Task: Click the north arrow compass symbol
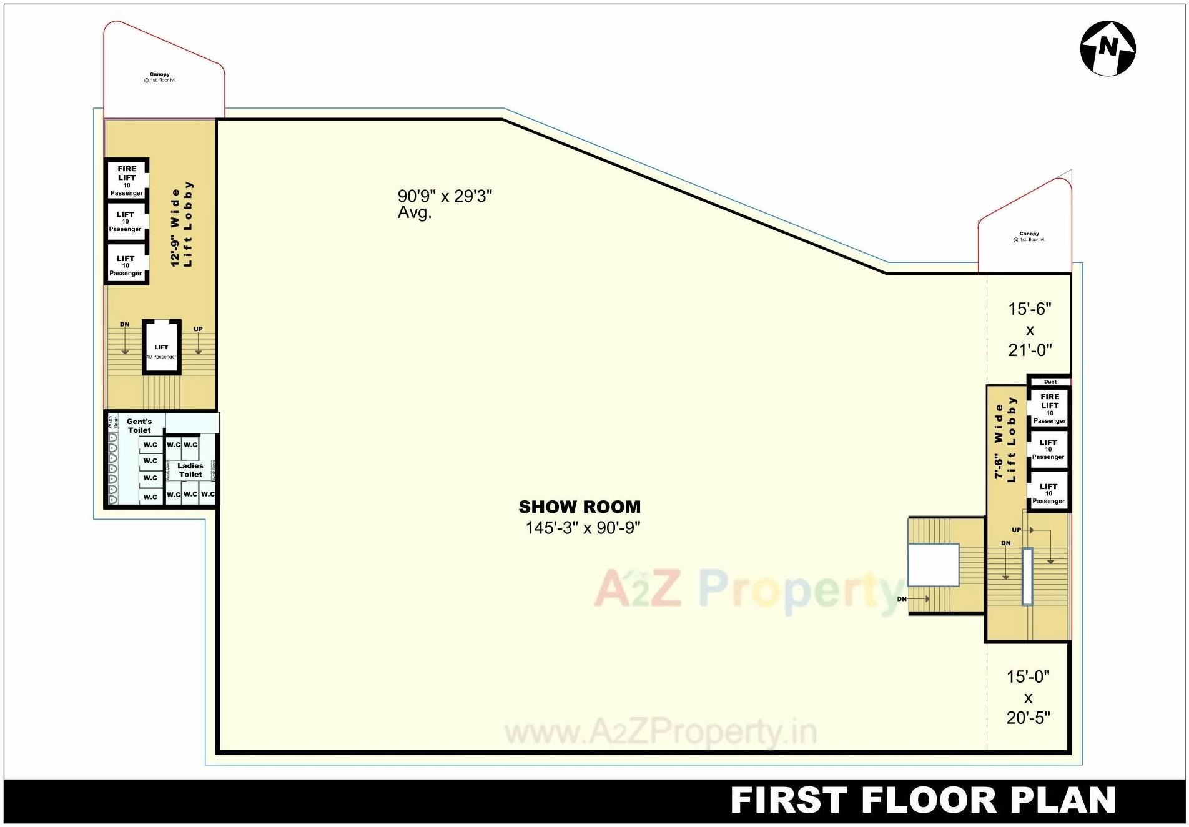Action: pyautogui.click(x=1108, y=49)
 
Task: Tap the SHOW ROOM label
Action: pyautogui.click(x=580, y=507)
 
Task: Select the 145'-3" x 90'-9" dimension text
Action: pyautogui.click(x=583, y=528)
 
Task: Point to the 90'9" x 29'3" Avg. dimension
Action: pyautogui.click(x=444, y=203)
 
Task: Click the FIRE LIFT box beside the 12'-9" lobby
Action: pyautogui.click(x=127, y=180)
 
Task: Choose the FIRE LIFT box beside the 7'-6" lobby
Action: pyautogui.click(x=1049, y=408)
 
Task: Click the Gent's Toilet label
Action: pyautogui.click(x=139, y=426)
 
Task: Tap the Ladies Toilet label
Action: pyautogui.click(x=190, y=470)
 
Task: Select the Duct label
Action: pyautogui.click(x=1050, y=382)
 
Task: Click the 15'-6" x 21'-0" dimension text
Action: pyautogui.click(x=1030, y=329)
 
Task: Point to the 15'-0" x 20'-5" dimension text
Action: pyautogui.click(x=1028, y=697)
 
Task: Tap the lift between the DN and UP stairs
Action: pyautogui.click(x=161, y=348)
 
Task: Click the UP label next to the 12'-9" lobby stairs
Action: pyautogui.click(x=198, y=329)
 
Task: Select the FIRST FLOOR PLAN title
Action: pyautogui.click(x=922, y=801)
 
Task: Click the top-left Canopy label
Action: pyautogui.click(x=160, y=77)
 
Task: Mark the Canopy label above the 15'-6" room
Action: pyautogui.click(x=1029, y=236)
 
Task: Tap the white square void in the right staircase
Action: pyautogui.click(x=933, y=565)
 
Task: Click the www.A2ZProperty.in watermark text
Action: pyautogui.click(x=660, y=732)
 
